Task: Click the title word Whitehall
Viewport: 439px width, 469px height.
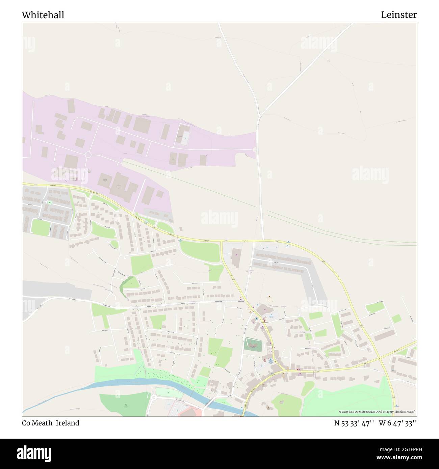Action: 43,15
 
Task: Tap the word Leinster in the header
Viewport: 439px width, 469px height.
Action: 399,15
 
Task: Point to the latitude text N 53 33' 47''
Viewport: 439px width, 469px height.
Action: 354,423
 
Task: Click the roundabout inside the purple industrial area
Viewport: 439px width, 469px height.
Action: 88,155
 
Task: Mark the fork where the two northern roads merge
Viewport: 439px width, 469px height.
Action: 259,116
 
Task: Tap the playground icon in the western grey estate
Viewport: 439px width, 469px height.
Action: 50,203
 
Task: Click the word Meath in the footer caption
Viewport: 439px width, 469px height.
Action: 43,423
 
